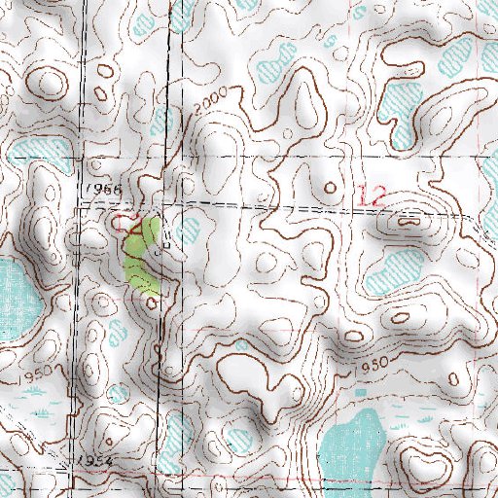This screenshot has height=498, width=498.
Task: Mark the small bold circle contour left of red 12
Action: (x=330, y=185)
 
